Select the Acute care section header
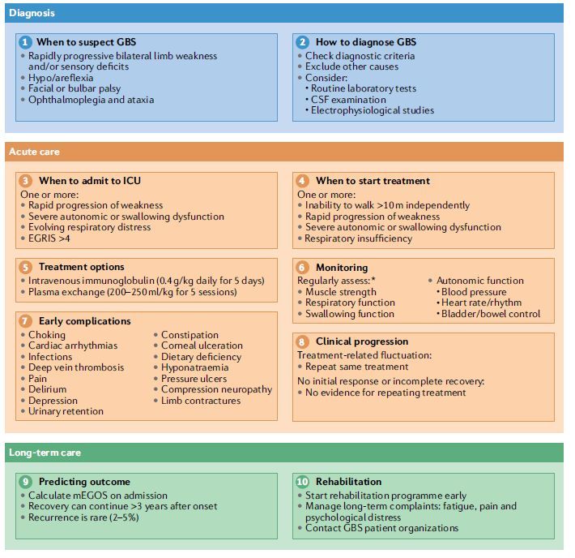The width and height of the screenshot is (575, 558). (33, 152)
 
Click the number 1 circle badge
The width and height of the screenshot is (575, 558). (25, 42)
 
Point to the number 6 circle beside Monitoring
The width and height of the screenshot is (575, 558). (302, 267)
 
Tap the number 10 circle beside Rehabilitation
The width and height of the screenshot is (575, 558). (302, 482)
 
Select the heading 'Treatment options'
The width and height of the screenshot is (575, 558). (81, 267)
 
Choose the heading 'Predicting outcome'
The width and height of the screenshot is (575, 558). (83, 482)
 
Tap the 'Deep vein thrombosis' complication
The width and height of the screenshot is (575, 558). (76, 367)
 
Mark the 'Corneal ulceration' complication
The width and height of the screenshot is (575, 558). (201, 346)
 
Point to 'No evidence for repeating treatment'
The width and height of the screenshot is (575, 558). (385, 393)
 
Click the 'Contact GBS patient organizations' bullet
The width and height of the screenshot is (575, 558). (381, 528)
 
